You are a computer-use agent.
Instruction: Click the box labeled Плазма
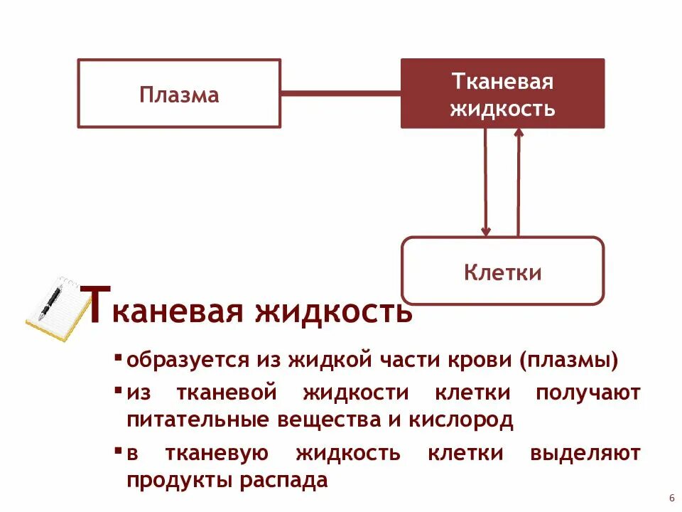click(179, 94)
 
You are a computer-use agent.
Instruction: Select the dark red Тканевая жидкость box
click(502, 94)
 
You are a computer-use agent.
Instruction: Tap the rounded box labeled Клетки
click(502, 272)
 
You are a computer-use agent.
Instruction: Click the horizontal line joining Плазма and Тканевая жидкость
click(341, 93)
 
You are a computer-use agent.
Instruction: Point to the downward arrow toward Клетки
click(486, 182)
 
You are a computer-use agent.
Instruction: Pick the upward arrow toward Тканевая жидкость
click(518, 182)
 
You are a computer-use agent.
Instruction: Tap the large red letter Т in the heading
click(97, 304)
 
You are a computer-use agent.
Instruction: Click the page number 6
click(671, 497)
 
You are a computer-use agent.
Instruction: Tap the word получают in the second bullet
click(588, 393)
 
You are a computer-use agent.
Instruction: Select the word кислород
click(460, 420)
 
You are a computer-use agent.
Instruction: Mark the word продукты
click(178, 480)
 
